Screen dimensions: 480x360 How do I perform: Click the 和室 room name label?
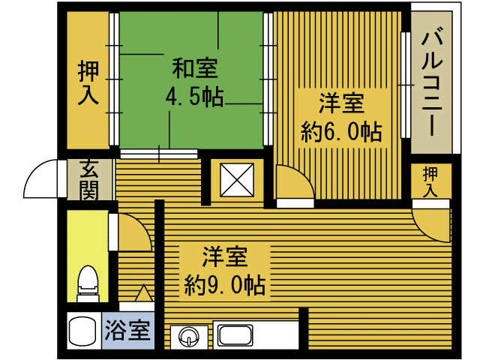(195, 68)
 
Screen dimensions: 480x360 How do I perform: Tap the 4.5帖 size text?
(195, 97)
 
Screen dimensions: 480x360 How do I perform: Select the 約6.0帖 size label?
(341, 132)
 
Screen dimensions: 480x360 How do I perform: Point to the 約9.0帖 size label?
(225, 285)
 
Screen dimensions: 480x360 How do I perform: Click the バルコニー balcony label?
(432, 84)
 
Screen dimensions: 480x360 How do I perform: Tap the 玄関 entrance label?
(89, 180)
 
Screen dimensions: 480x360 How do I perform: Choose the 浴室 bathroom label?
(127, 331)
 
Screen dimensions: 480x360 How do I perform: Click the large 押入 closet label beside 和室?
(88, 83)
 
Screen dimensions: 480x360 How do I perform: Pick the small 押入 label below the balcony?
(430, 182)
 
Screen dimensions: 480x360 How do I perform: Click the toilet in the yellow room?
(88, 283)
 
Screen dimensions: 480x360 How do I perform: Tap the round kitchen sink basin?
(190, 337)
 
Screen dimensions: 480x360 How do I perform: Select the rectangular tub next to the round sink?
(235, 334)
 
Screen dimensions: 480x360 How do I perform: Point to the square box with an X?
(237, 180)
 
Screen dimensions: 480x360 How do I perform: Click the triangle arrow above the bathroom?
(144, 293)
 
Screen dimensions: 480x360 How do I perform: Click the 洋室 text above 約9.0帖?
(225, 256)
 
